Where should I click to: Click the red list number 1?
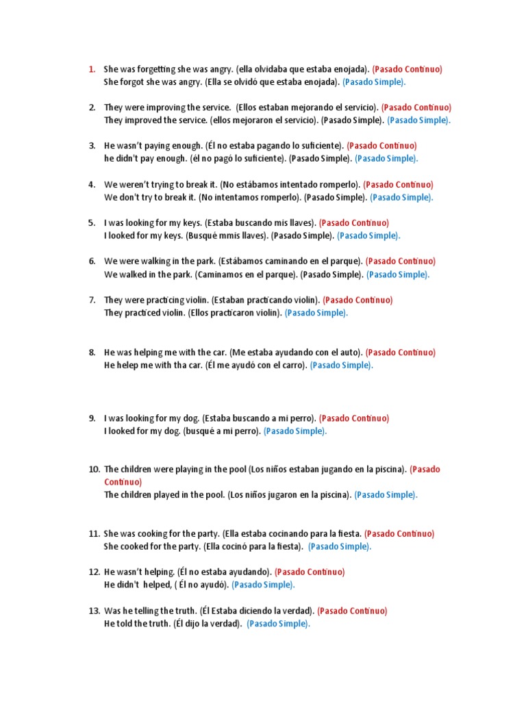(91, 69)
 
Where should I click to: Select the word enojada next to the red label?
(349, 69)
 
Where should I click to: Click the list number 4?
(92, 184)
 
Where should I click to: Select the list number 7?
(92, 300)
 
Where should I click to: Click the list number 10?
(94, 469)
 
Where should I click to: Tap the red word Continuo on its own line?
(123, 482)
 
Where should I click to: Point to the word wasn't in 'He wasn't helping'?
(132, 572)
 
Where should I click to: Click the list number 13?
(94, 611)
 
